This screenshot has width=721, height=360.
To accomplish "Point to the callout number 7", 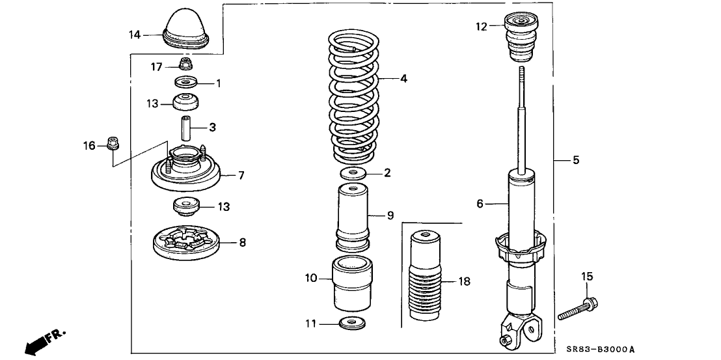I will pos(241,175).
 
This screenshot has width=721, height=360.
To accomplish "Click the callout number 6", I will pos(480,204).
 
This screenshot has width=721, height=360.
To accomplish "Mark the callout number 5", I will pos(576,159).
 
